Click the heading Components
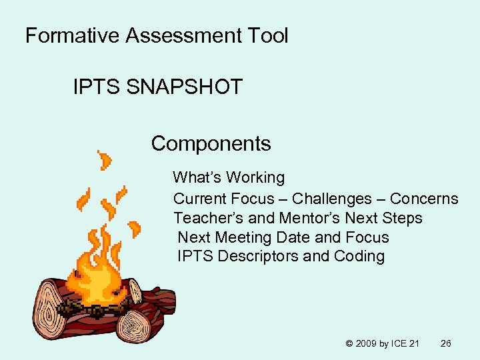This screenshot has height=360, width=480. point(211,143)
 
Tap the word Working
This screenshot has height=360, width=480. point(255,178)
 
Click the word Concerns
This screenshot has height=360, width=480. point(424,199)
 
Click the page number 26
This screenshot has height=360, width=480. point(446,343)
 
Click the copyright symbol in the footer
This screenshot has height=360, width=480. point(349,343)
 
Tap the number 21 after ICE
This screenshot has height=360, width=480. point(414,343)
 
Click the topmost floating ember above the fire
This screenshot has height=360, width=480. point(105,159)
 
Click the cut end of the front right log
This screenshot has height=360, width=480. point(138,326)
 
